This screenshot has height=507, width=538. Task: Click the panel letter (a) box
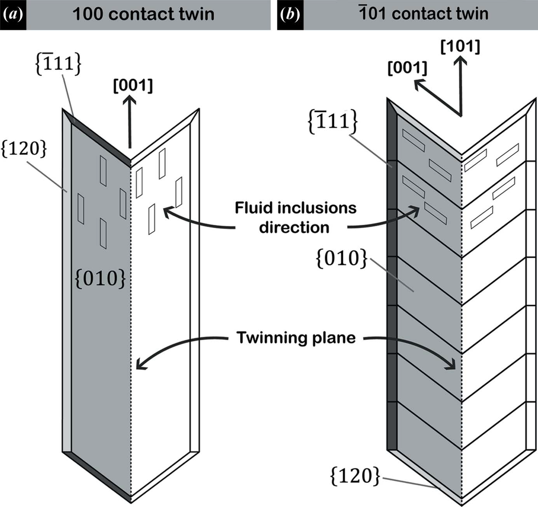click(x=13, y=15)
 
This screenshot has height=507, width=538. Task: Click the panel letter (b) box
click(x=290, y=15)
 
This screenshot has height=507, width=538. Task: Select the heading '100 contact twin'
click(x=143, y=14)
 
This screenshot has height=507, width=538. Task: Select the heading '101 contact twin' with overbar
click(x=423, y=14)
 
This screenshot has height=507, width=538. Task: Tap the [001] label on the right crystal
click(x=407, y=68)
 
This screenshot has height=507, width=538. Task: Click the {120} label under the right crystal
click(x=355, y=476)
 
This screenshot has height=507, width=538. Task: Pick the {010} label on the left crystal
click(x=100, y=278)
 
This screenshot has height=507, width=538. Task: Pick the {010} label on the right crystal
click(x=342, y=259)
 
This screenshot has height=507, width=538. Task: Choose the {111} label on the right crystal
click(x=333, y=122)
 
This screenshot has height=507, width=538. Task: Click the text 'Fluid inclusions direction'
click(x=295, y=217)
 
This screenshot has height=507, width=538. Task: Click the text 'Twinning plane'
click(x=296, y=338)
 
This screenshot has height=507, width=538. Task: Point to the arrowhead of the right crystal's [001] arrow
click(x=418, y=83)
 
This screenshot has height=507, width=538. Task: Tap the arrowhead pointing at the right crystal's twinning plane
click(x=452, y=366)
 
